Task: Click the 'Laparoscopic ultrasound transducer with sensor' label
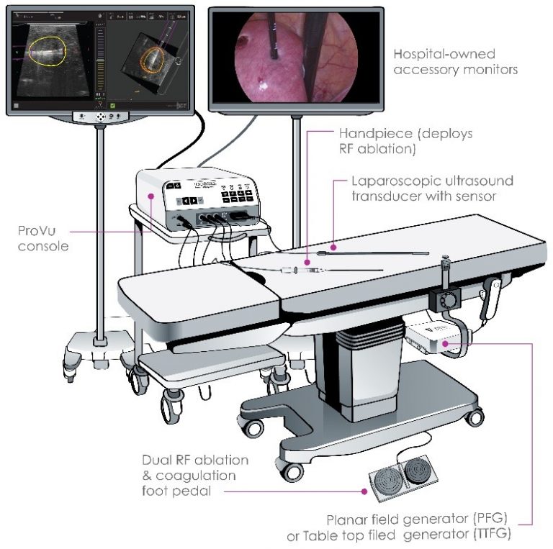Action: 432,189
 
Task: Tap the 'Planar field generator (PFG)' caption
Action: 421,519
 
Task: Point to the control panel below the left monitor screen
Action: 100,117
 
